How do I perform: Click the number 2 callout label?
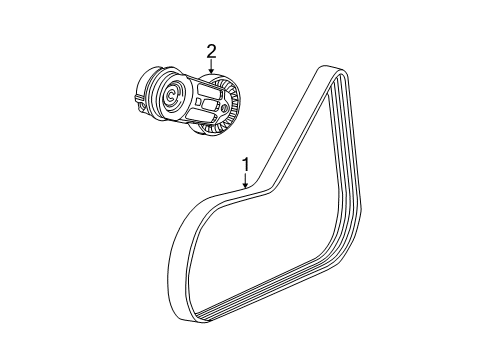click(211, 52)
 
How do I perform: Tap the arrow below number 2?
click(211, 67)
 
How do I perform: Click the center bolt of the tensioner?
click(171, 97)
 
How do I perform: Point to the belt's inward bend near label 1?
click(257, 194)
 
